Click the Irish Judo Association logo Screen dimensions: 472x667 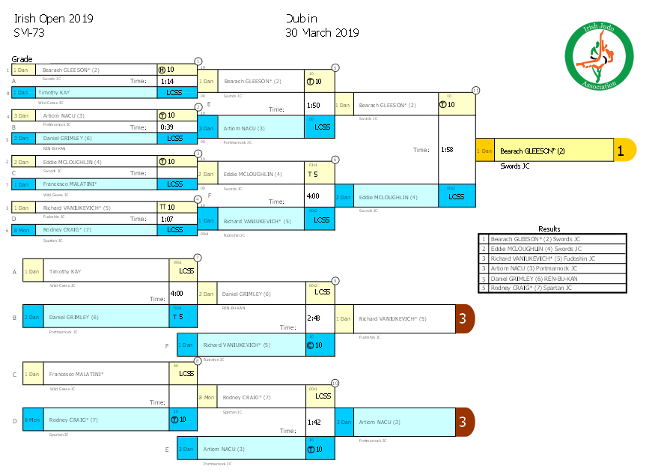point(599,55)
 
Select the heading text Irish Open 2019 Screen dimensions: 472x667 point(53,19)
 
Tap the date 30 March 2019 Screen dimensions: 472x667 point(322,33)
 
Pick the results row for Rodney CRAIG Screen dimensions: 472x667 point(552,288)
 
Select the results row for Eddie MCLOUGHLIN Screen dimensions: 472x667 point(552,249)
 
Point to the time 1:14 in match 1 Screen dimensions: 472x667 point(167,81)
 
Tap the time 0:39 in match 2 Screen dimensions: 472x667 point(167,127)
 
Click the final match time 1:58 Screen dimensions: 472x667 point(448,149)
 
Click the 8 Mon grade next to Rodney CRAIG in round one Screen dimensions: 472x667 point(22,229)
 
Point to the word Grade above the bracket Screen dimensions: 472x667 point(22,59)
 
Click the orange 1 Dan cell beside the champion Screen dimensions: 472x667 point(484,150)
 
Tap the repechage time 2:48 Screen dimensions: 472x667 point(314,318)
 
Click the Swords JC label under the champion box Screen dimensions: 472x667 point(515,166)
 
